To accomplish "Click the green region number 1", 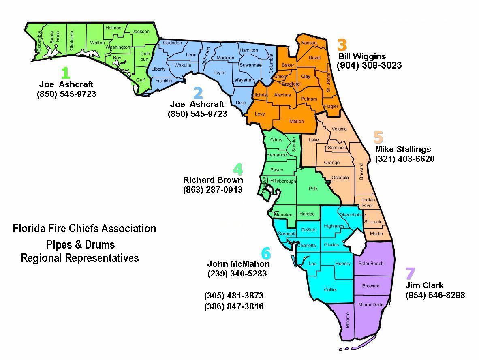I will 65,73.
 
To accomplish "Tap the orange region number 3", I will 342,45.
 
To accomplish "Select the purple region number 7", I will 410,274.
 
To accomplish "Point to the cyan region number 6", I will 266,253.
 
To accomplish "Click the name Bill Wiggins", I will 362,56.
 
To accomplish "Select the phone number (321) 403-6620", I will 405,159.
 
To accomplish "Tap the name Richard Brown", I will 213,180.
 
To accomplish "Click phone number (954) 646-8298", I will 435,295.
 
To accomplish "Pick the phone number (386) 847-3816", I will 234,306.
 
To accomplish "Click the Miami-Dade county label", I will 371,304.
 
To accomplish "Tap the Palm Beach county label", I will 371,264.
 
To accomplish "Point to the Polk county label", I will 313,189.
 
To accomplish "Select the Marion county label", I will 296,121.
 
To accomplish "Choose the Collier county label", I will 330,290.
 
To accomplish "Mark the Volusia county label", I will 339,129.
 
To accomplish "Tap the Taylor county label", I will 219,73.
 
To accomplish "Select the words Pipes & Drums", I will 81,245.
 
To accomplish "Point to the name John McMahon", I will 238,264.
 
